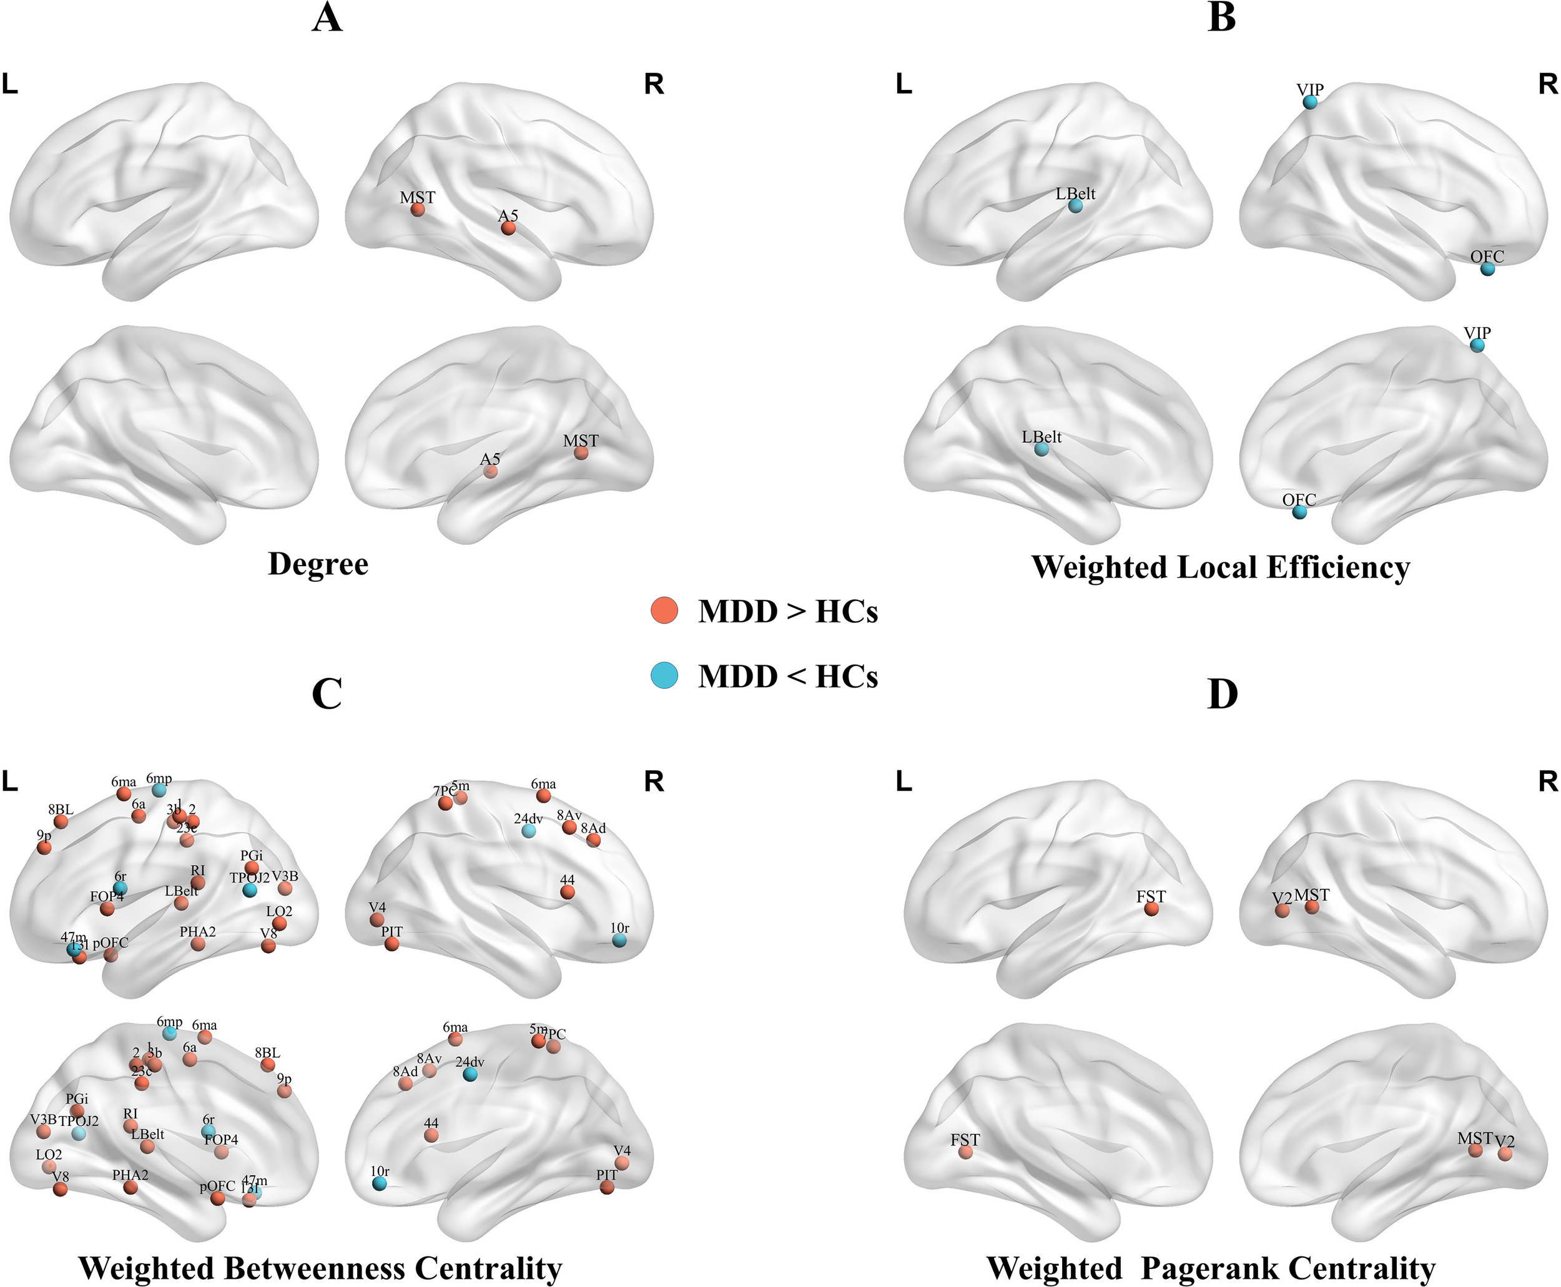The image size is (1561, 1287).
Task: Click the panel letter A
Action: point(327,18)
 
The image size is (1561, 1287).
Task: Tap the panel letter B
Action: point(1221,18)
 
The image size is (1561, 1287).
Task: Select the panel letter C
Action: point(327,693)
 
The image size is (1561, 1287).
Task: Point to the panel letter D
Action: point(1222,694)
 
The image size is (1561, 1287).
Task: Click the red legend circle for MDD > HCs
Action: point(664,610)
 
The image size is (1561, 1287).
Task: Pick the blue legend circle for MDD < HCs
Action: point(664,675)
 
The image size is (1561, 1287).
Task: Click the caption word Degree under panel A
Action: point(318,564)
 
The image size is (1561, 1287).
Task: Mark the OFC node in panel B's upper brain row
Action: point(1487,269)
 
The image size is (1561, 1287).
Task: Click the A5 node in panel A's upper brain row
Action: point(508,228)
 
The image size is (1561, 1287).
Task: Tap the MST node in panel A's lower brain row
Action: point(581,453)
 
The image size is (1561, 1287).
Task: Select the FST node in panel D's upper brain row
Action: point(1151,909)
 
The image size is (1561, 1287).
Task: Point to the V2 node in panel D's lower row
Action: point(1505,1153)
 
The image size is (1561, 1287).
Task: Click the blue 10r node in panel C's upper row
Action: point(619,940)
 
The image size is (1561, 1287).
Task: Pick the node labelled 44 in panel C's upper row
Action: point(568,892)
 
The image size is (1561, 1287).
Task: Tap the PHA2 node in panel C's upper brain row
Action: point(198,944)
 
